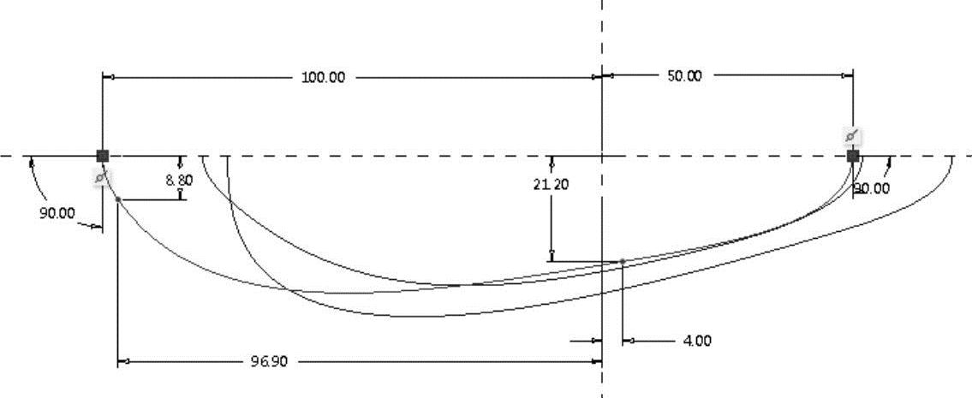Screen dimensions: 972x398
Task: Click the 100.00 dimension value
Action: point(323,78)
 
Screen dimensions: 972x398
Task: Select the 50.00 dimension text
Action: point(684,76)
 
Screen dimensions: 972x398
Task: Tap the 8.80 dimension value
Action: point(179,181)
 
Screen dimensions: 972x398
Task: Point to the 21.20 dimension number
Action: point(552,184)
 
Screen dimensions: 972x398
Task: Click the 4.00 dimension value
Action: point(697,341)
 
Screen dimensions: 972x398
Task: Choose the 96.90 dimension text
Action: point(269,361)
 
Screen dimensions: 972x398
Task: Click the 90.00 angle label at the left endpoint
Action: point(57,213)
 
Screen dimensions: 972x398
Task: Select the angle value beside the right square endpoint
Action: point(872,188)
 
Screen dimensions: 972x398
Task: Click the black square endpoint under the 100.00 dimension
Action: point(102,156)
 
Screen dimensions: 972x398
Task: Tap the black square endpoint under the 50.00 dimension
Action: point(853,156)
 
